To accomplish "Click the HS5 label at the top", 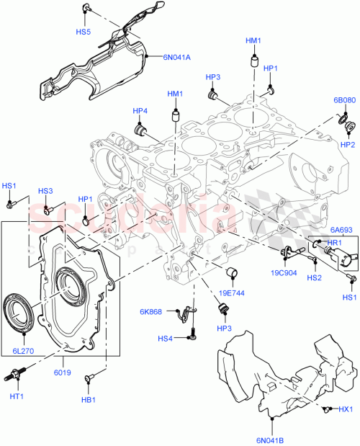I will (x=84, y=32).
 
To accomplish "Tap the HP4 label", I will (x=140, y=111).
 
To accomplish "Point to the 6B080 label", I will (x=343, y=100).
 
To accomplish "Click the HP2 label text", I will (x=348, y=143).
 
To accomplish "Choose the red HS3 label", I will (x=45, y=191).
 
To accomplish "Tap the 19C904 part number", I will (x=283, y=273).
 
